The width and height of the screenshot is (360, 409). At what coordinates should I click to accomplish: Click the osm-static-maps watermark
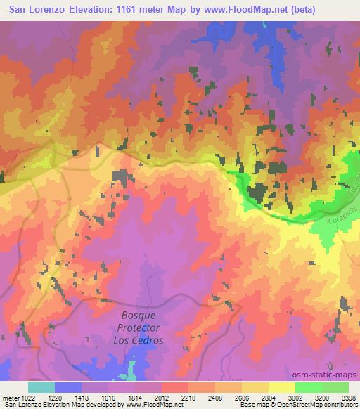[x=328, y=375]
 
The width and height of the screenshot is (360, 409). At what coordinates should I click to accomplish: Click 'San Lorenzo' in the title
[x=32, y=9]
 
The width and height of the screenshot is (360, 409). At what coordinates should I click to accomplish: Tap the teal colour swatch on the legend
[x=41, y=387]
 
